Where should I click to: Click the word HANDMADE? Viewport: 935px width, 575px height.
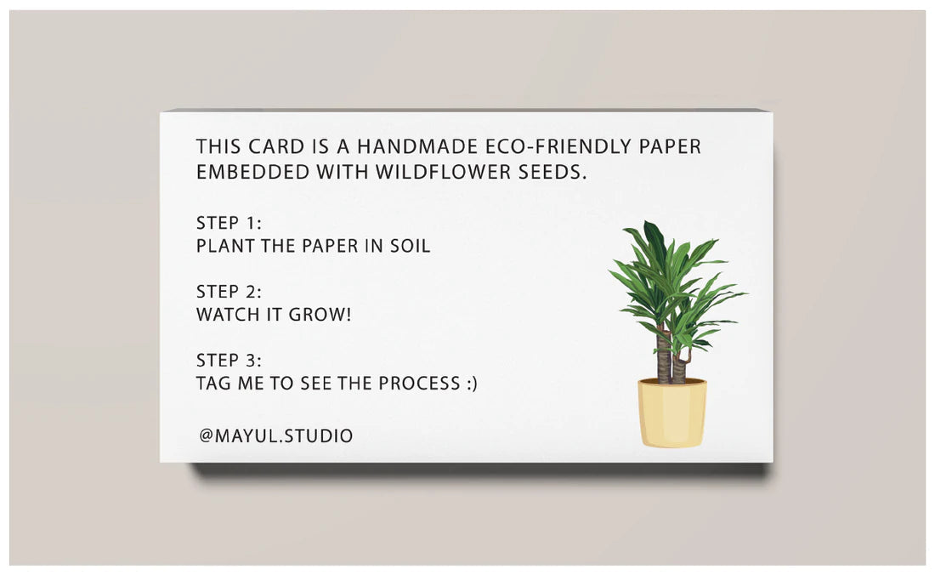pyautogui.click(x=417, y=147)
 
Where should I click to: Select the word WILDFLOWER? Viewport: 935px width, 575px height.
pyautogui.click(x=443, y=173)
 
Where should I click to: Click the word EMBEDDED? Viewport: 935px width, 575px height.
pyautogui.click(x=252, y=173)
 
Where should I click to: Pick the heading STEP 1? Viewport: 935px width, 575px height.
pyautogui.click(x=229, y=223)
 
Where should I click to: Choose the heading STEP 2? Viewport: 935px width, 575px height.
pyautogui.click(x=229, y=292)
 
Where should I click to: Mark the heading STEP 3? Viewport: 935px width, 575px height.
pyautogui.click(x=229, y=361)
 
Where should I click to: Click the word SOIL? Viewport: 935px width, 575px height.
pyautogui.click(x=411, y=246)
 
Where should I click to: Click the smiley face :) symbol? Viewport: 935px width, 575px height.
pyautogui.click(x=472, y=384)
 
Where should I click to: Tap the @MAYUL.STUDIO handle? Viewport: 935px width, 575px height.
pyautogui.click(x=276, y=436)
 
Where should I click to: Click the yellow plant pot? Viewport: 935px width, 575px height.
pyautogui.click(x=672, y=413)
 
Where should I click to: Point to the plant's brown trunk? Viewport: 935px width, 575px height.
pyautogui.click(x=671, y=358)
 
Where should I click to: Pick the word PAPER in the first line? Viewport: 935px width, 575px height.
pyautogui.click(x=670, y=147)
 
